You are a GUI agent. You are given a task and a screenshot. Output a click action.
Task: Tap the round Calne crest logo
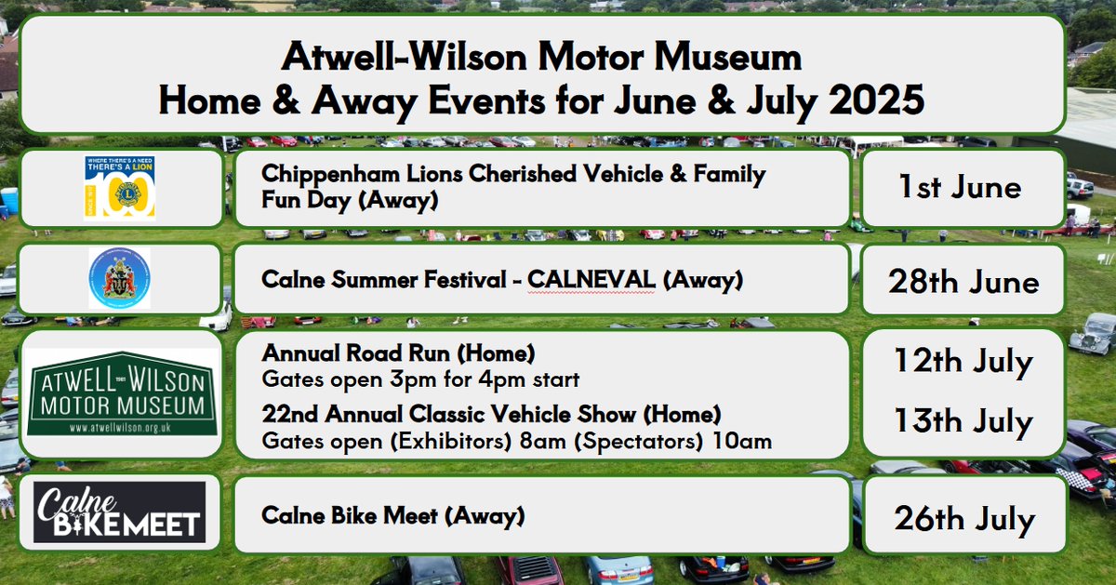point(119,278)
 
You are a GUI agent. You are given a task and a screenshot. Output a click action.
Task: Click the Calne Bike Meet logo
point(119,512)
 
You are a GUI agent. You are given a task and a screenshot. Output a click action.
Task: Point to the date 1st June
point(959,188)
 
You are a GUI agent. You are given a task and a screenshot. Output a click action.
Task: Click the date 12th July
point(963,362)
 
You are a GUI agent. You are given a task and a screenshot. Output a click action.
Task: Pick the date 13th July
point(963,422)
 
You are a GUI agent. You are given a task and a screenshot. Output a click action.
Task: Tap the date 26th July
point(963,519)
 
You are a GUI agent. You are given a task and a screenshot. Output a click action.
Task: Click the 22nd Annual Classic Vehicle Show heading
point(492,413)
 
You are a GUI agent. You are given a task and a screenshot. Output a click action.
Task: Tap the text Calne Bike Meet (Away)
point(393,513)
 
